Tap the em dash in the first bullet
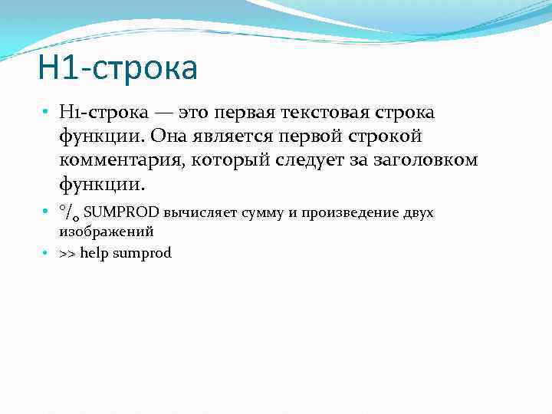164,113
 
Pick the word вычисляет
200,212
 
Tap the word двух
418,212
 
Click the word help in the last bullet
94,253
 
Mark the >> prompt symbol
67,253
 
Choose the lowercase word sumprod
142,253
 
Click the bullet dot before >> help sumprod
47,253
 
